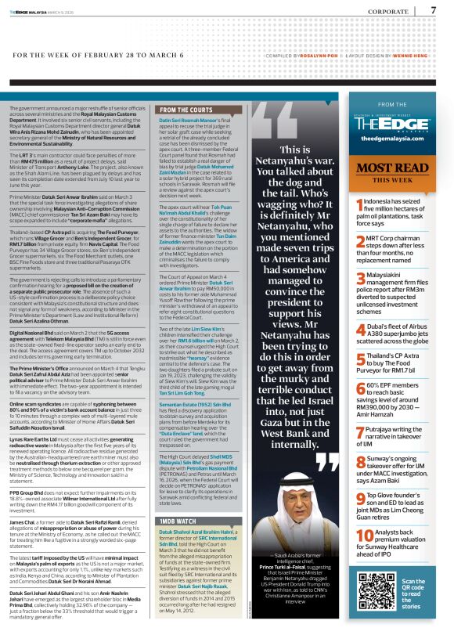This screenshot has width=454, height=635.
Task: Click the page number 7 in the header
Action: pyautogui.click(x=433, y=10)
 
